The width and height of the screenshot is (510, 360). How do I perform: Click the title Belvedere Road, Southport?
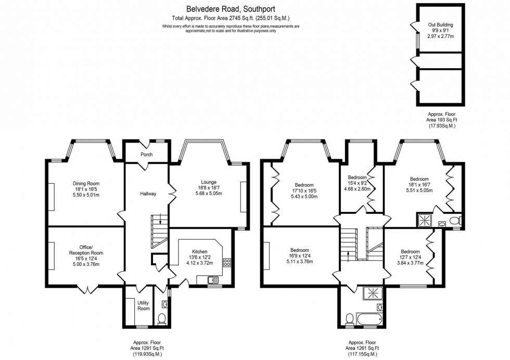click(231, 9)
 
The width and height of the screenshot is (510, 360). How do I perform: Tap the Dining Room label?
click(86, 184)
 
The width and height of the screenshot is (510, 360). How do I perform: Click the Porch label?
click(146, 155)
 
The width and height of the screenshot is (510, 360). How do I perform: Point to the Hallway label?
click(148, 194)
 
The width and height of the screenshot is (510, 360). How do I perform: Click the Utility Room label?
click(144, 305)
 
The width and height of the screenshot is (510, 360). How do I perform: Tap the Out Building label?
click(440, 24)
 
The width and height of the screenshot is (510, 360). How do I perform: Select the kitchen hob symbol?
click(227, 263)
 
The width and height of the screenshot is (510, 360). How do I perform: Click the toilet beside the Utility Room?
click(161, 318)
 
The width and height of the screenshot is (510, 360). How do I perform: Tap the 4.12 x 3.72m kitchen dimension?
click(200, 263)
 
